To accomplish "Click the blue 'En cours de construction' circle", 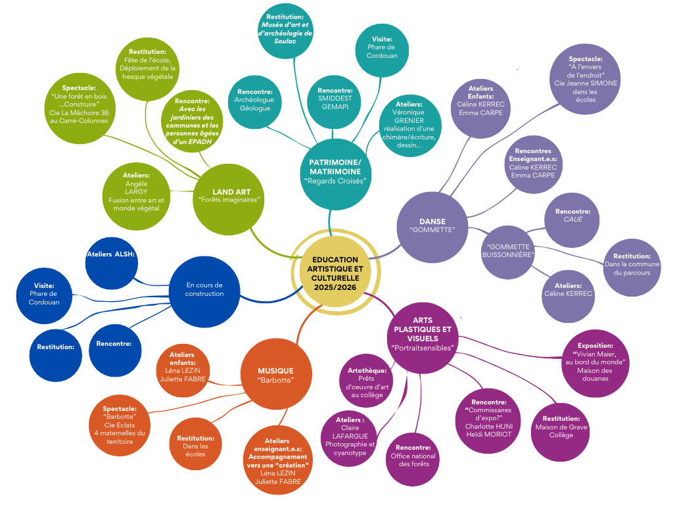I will point(204,289).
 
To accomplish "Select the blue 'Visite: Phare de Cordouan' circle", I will point(44,295).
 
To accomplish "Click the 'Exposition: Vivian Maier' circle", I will point(595,362).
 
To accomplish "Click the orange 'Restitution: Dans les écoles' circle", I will point(195,445).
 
